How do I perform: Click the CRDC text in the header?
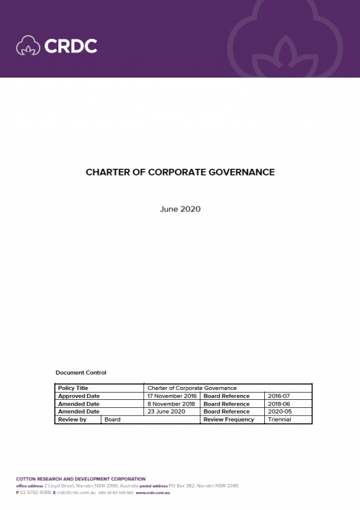click(71, 46)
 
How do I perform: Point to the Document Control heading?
click(81, 373)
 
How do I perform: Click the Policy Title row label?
click(72, 388)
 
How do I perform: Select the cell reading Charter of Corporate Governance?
click(192, 388)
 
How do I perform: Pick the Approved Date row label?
click(78, 396)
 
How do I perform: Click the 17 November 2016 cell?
click(171, 396)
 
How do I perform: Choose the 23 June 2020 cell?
click(166, 411)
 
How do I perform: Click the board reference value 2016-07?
click(279, 396)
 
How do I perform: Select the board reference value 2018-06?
click(279, 404)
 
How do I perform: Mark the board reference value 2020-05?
click(279, 411)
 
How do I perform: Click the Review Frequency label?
click(229, 419)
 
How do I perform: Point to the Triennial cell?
click(279, 419)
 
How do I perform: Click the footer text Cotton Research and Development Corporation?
click(81, 479)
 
